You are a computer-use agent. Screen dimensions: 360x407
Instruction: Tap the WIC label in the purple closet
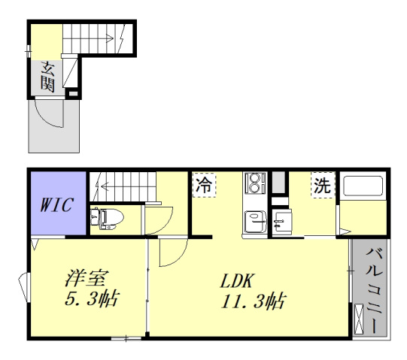pos(56,204)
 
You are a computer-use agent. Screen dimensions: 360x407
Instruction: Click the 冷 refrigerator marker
pos(203,185)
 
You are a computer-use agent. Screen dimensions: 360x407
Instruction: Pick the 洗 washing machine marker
pos(322,185)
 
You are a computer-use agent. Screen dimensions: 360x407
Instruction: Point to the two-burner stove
pos(255,183)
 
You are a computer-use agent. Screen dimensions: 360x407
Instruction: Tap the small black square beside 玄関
pos(72,92)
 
